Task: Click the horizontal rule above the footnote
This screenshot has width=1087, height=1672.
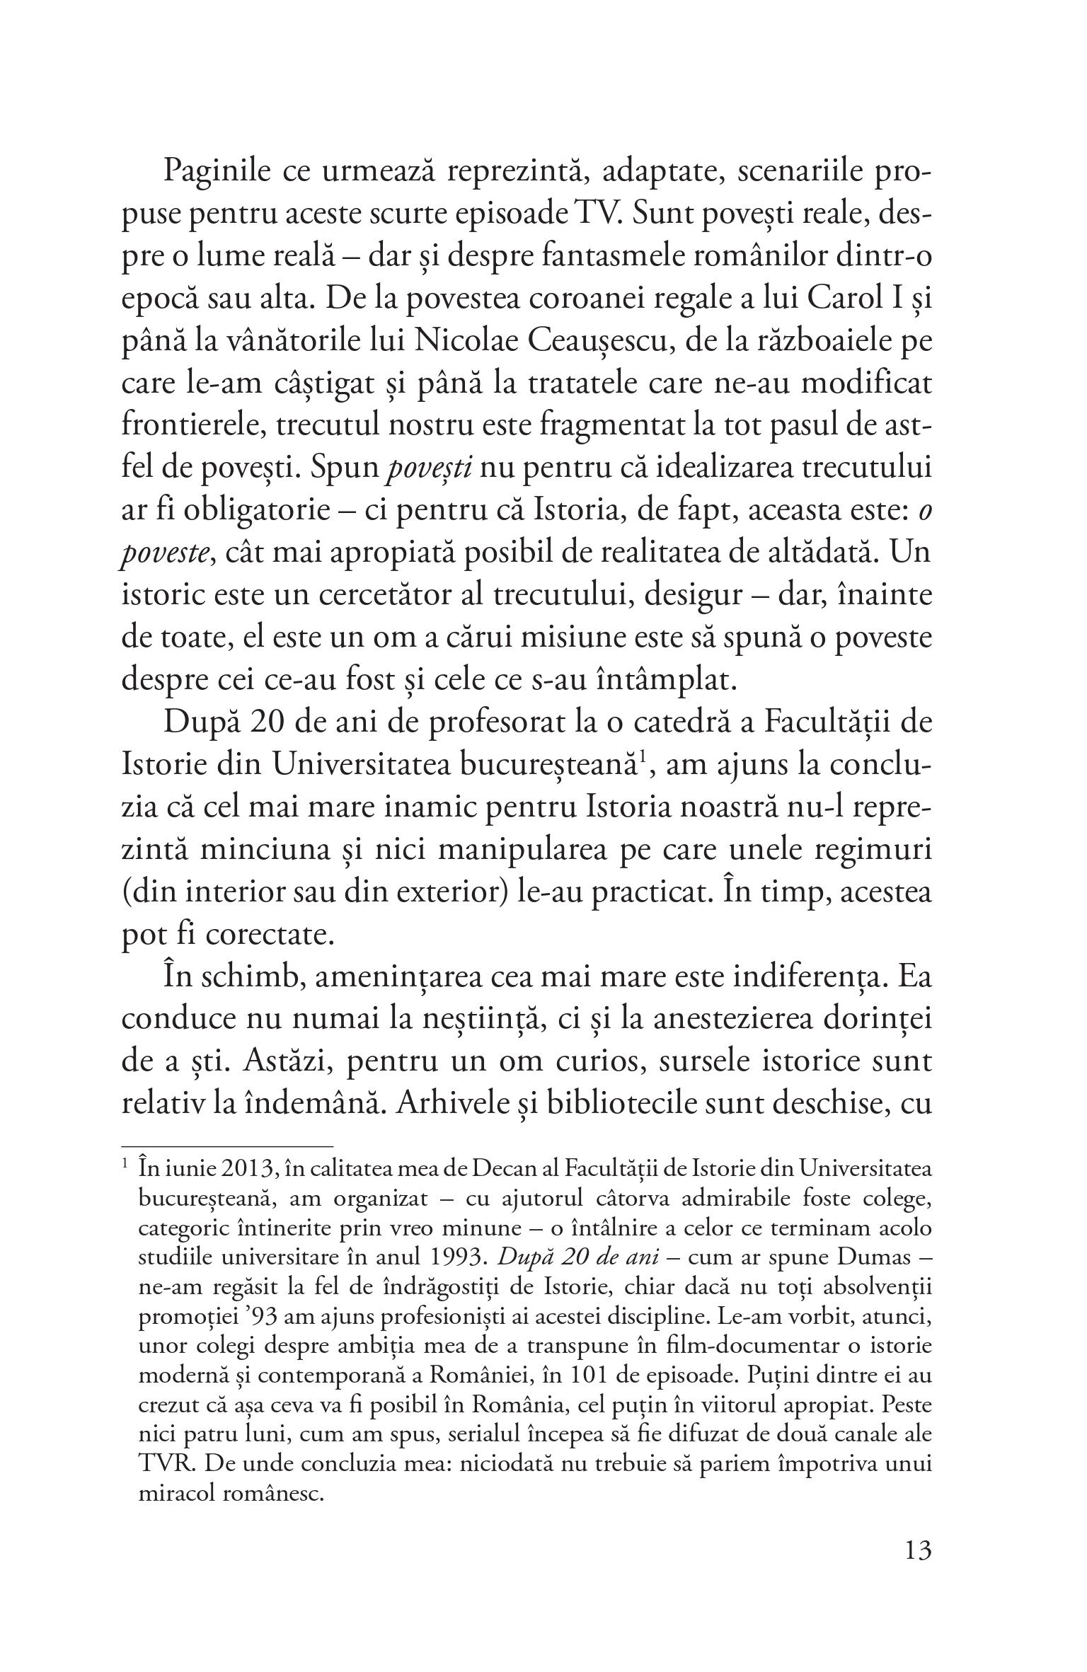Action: (226, 1145)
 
